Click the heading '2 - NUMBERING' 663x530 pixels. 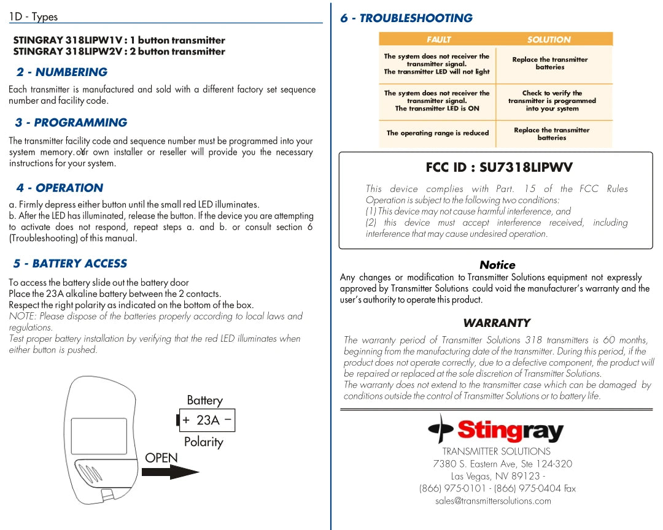click(62, 72)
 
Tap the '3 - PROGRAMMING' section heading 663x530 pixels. click(71, 123)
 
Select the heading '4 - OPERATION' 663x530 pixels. click(60, 188)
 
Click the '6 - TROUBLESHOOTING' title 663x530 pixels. click(406, 18)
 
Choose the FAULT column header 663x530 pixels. click(438, 39)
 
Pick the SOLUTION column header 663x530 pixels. click(549, 39)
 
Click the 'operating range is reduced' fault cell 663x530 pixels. click(438, 133)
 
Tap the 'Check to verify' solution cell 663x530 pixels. click(552, 101)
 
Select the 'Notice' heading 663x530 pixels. click(497, 265)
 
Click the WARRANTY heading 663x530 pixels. click(497, 323)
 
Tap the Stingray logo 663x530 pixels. click(496, 430)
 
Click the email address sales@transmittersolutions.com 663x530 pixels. click(493, 501)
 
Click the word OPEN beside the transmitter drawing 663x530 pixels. click(161, 458)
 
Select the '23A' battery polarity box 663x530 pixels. click(207, 420)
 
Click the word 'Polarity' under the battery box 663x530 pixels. click(203, 442)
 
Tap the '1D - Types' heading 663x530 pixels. click(34, 17)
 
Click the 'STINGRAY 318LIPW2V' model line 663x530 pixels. click(119, 52)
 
